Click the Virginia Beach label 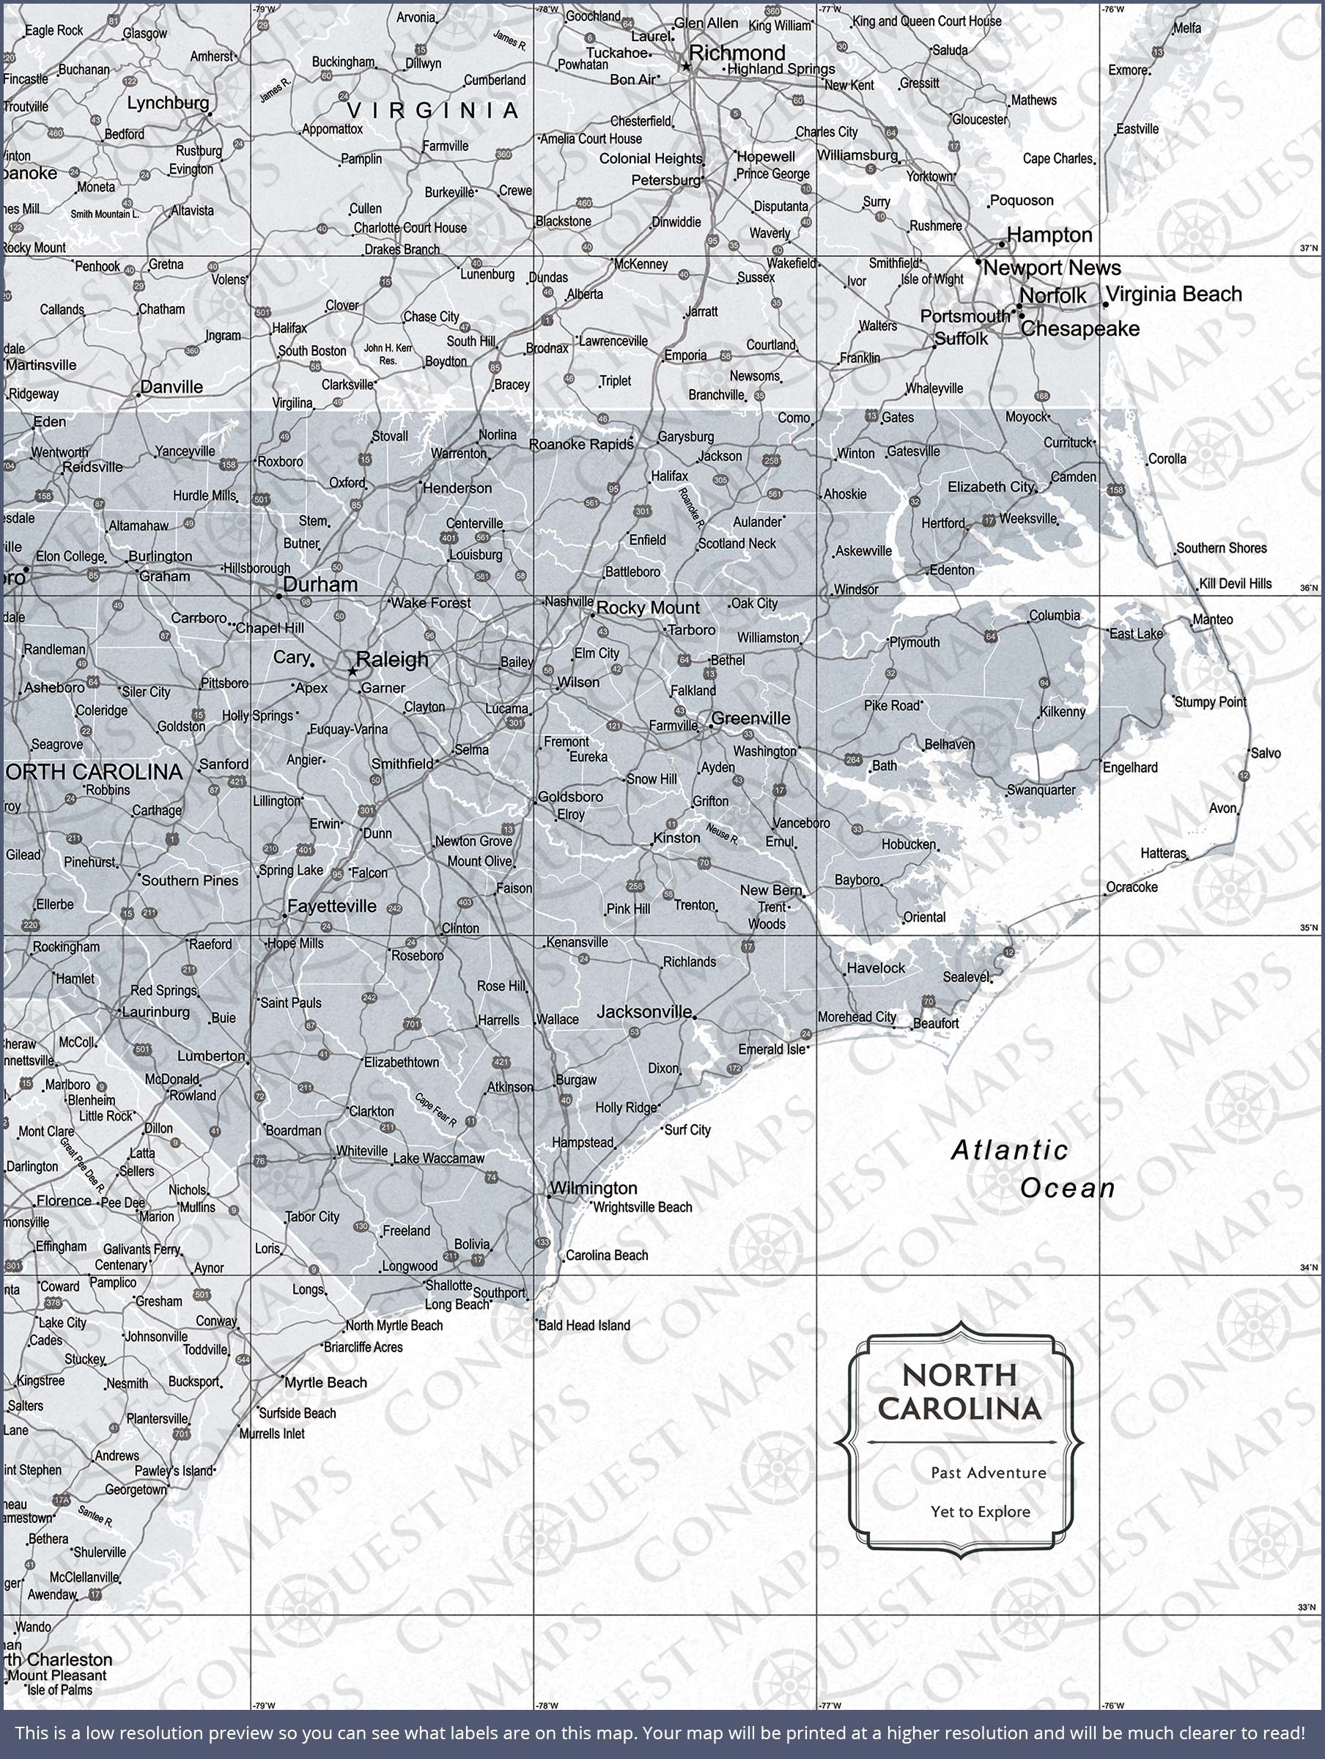[1173, 294]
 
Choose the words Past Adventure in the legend [988, 1472]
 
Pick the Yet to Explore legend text [980, 1512]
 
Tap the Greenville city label [750, 718]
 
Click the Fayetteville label [332, 906]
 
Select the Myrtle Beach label [325, 1383]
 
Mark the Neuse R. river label [722, 833]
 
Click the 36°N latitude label [1308, 589]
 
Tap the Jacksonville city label [644, 1011]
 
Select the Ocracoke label [1132, 887]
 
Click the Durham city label [320, 584]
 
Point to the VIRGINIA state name [432, 111]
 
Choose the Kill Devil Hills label [1235, 583]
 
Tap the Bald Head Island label [584, 1326]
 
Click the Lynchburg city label [168, 103]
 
